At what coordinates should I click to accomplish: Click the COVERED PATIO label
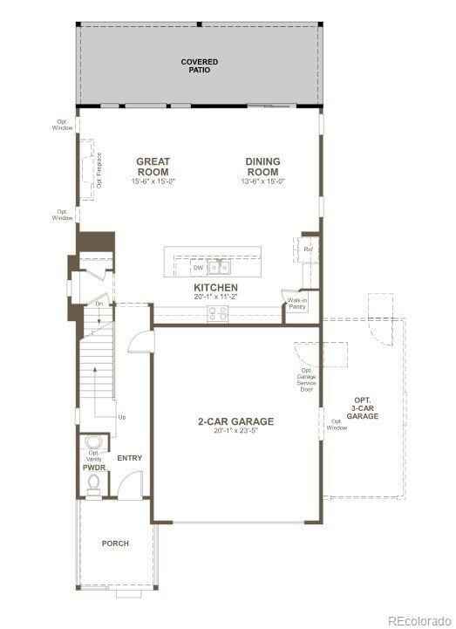pyautogui.click(x=199, y=65)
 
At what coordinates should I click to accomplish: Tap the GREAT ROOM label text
pyautogui.click(x=153, y=167)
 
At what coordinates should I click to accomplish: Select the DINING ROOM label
pyautogui.click(x=262, y=167)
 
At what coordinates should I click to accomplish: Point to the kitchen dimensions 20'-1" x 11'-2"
pyautogui.click(x=215, y=297)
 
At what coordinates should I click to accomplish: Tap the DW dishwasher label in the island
pyautogui.click(x=198, y=268)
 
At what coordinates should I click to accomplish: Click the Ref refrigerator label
pyautogui.click(x=308, y=250)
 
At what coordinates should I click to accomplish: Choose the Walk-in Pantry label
pyautogui.click(x=296, y=304)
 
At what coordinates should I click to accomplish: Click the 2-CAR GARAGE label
pyautogui.click(x=235, y=421)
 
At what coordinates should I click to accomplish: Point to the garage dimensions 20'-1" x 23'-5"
pyautogui.click(x=235, y=432)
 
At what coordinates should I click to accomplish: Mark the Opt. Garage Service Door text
pyautogui.click(x=306, y=379)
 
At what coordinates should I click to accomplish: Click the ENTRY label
pyautogui.click(x=129, y=458)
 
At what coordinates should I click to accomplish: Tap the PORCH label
pyautogui.click(x=115, y=544)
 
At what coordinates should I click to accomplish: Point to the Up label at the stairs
pyautogui.click(x=121, y=418)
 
